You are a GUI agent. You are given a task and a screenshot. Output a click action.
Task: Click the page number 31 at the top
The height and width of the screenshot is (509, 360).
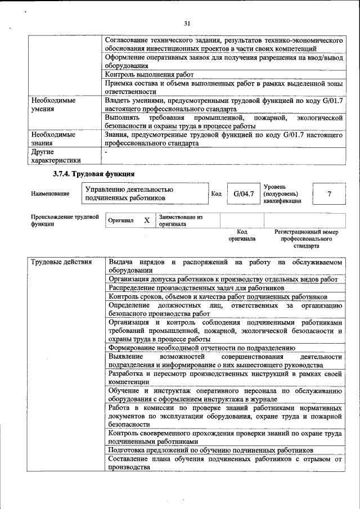tap(187, 23)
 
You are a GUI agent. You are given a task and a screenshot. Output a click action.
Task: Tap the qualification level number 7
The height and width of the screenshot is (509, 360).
tap(328, 194)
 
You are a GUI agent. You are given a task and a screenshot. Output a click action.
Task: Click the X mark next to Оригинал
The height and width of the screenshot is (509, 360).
tap(147, 220)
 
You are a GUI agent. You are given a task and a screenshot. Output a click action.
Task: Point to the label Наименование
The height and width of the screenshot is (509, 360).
tap(51, 194)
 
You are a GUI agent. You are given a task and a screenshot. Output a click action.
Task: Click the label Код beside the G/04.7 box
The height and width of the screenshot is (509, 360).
tap(216, 194)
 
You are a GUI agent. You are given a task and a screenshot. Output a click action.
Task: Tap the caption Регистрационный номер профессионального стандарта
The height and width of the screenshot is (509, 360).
tap(307, 238)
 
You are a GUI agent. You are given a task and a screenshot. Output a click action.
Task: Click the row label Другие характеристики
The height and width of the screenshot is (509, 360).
tap(56, 156)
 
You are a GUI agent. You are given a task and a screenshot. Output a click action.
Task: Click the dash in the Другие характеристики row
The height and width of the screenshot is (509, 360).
tap(106, 152)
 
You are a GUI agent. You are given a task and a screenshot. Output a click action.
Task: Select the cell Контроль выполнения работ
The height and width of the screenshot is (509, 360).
tap(149, 75)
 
